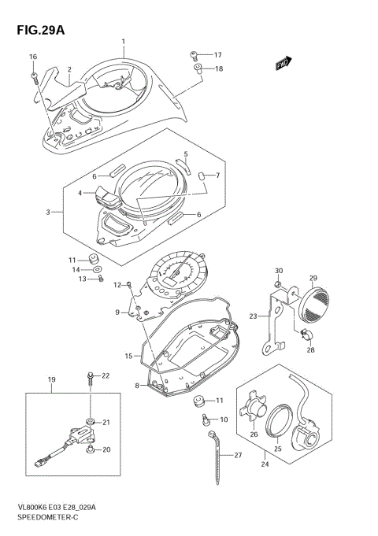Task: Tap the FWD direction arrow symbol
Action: point(283,64)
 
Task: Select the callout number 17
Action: point(217,54)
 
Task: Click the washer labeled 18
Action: point(197,69)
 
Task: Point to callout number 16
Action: point(33,57)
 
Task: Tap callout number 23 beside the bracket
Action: point(254,316)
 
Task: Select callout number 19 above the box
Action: point(52,380)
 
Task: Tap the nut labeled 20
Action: point(91,449)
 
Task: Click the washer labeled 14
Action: point(97,269)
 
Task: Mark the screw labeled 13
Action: point(99,279)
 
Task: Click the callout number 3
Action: point(49,212)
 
